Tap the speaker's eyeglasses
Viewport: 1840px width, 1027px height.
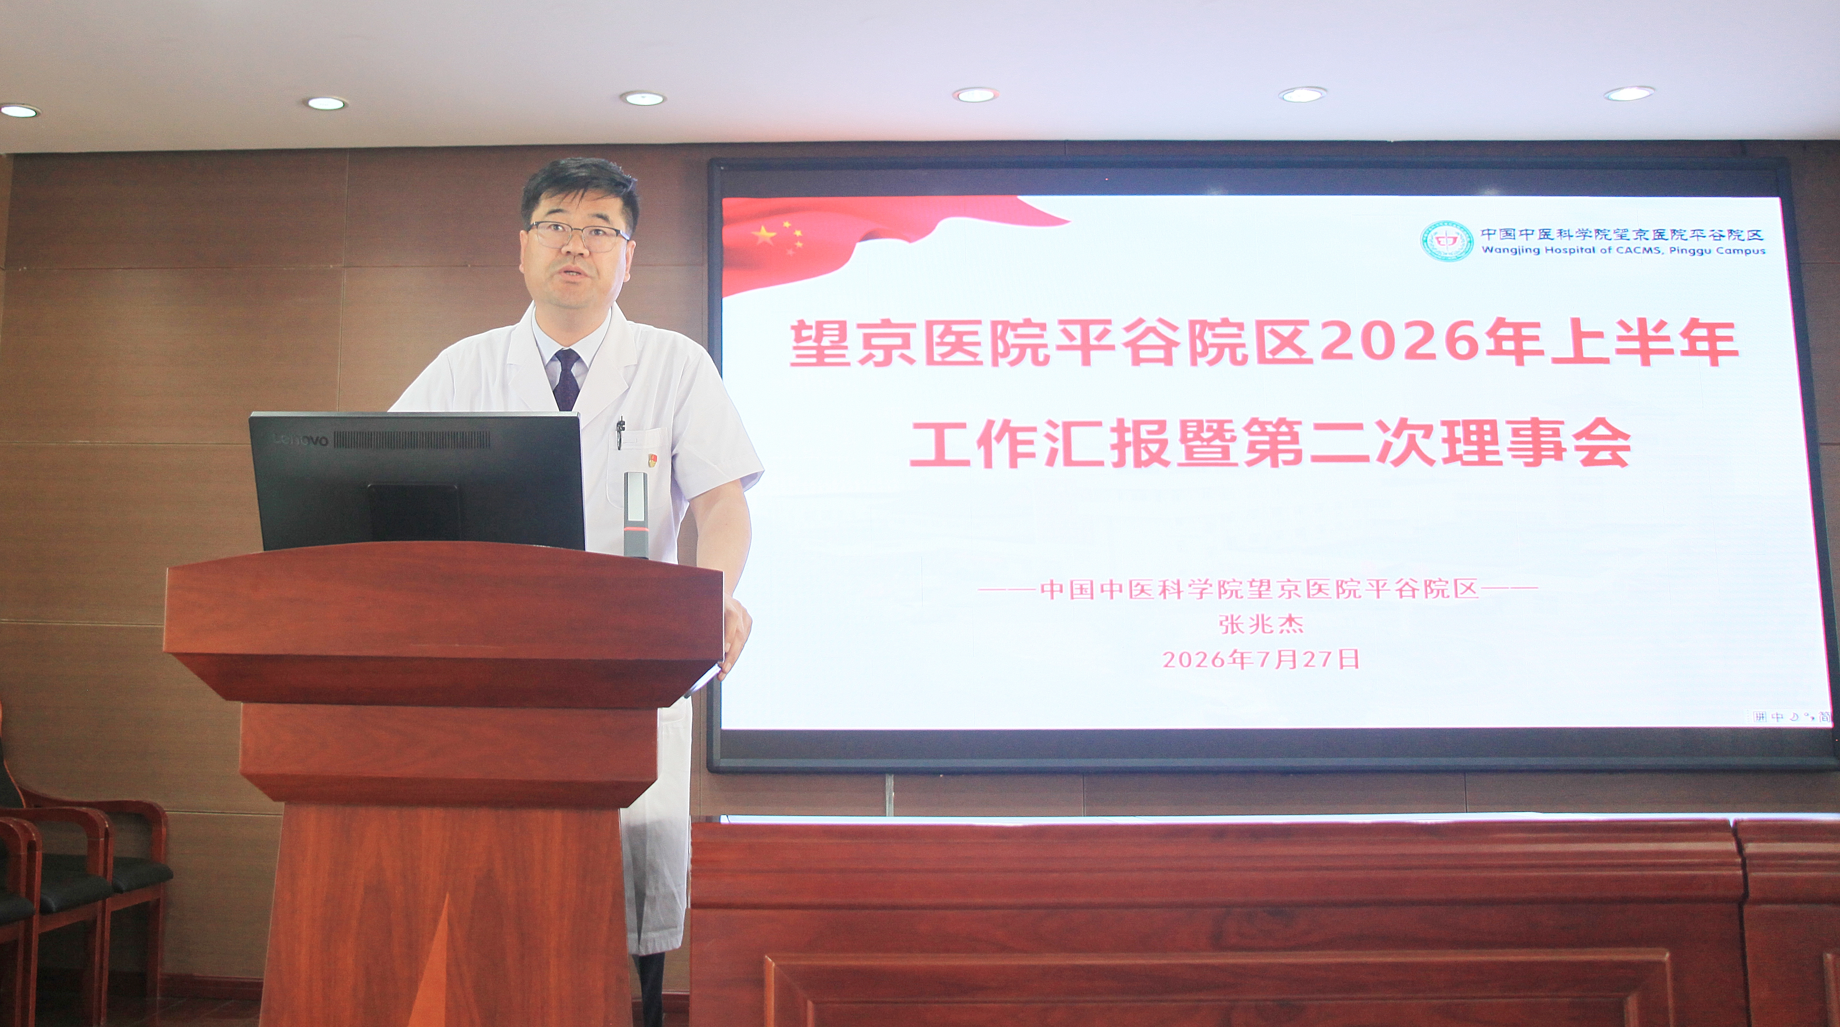[x=578, y=236]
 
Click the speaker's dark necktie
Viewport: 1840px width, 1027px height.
[x=566, y=378]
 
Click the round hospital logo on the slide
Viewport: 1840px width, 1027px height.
[x=1446, y=241]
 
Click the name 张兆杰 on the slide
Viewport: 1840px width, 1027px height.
[x=1261, y=624]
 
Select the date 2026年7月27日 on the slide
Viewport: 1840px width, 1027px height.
[x=1261, y=659]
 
